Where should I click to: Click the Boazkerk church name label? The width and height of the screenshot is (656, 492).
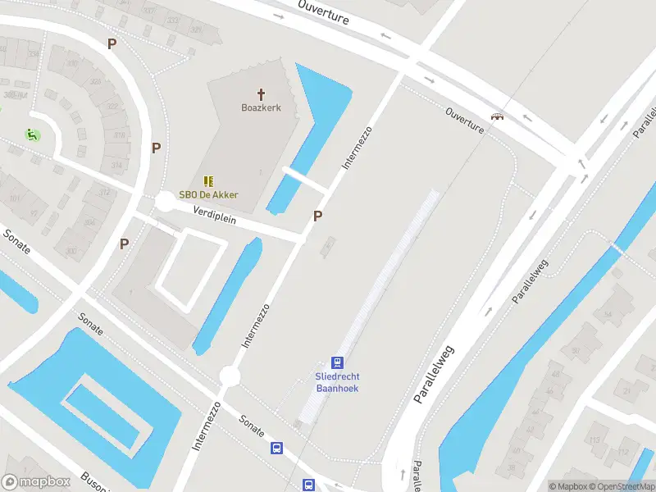pos(261,107)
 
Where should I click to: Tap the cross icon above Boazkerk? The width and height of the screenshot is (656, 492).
pos(262,94)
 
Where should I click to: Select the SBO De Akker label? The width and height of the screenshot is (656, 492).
pos(208,195)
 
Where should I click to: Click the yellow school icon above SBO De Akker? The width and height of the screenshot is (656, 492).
pos(208,181)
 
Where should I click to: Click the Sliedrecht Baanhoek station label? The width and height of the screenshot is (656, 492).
pos(337,381)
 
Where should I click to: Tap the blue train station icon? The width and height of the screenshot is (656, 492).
pos(337,362)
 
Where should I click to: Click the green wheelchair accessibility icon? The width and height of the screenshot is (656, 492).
pos(31,135)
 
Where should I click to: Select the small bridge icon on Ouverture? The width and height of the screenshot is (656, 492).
pos(496,117)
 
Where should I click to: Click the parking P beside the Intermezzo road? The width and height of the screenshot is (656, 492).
pos(317,216)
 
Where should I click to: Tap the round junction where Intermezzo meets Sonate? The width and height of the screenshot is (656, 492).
pos(230,376)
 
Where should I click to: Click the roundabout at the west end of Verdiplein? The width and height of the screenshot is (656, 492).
pos(165,202)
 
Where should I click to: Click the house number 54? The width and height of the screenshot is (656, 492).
pos(608,315)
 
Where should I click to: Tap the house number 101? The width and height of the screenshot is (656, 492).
pos(14,198)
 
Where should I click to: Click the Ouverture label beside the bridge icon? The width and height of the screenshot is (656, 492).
pos(465,119)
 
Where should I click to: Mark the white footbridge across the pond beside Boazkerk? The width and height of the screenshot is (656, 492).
pos(305,180)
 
